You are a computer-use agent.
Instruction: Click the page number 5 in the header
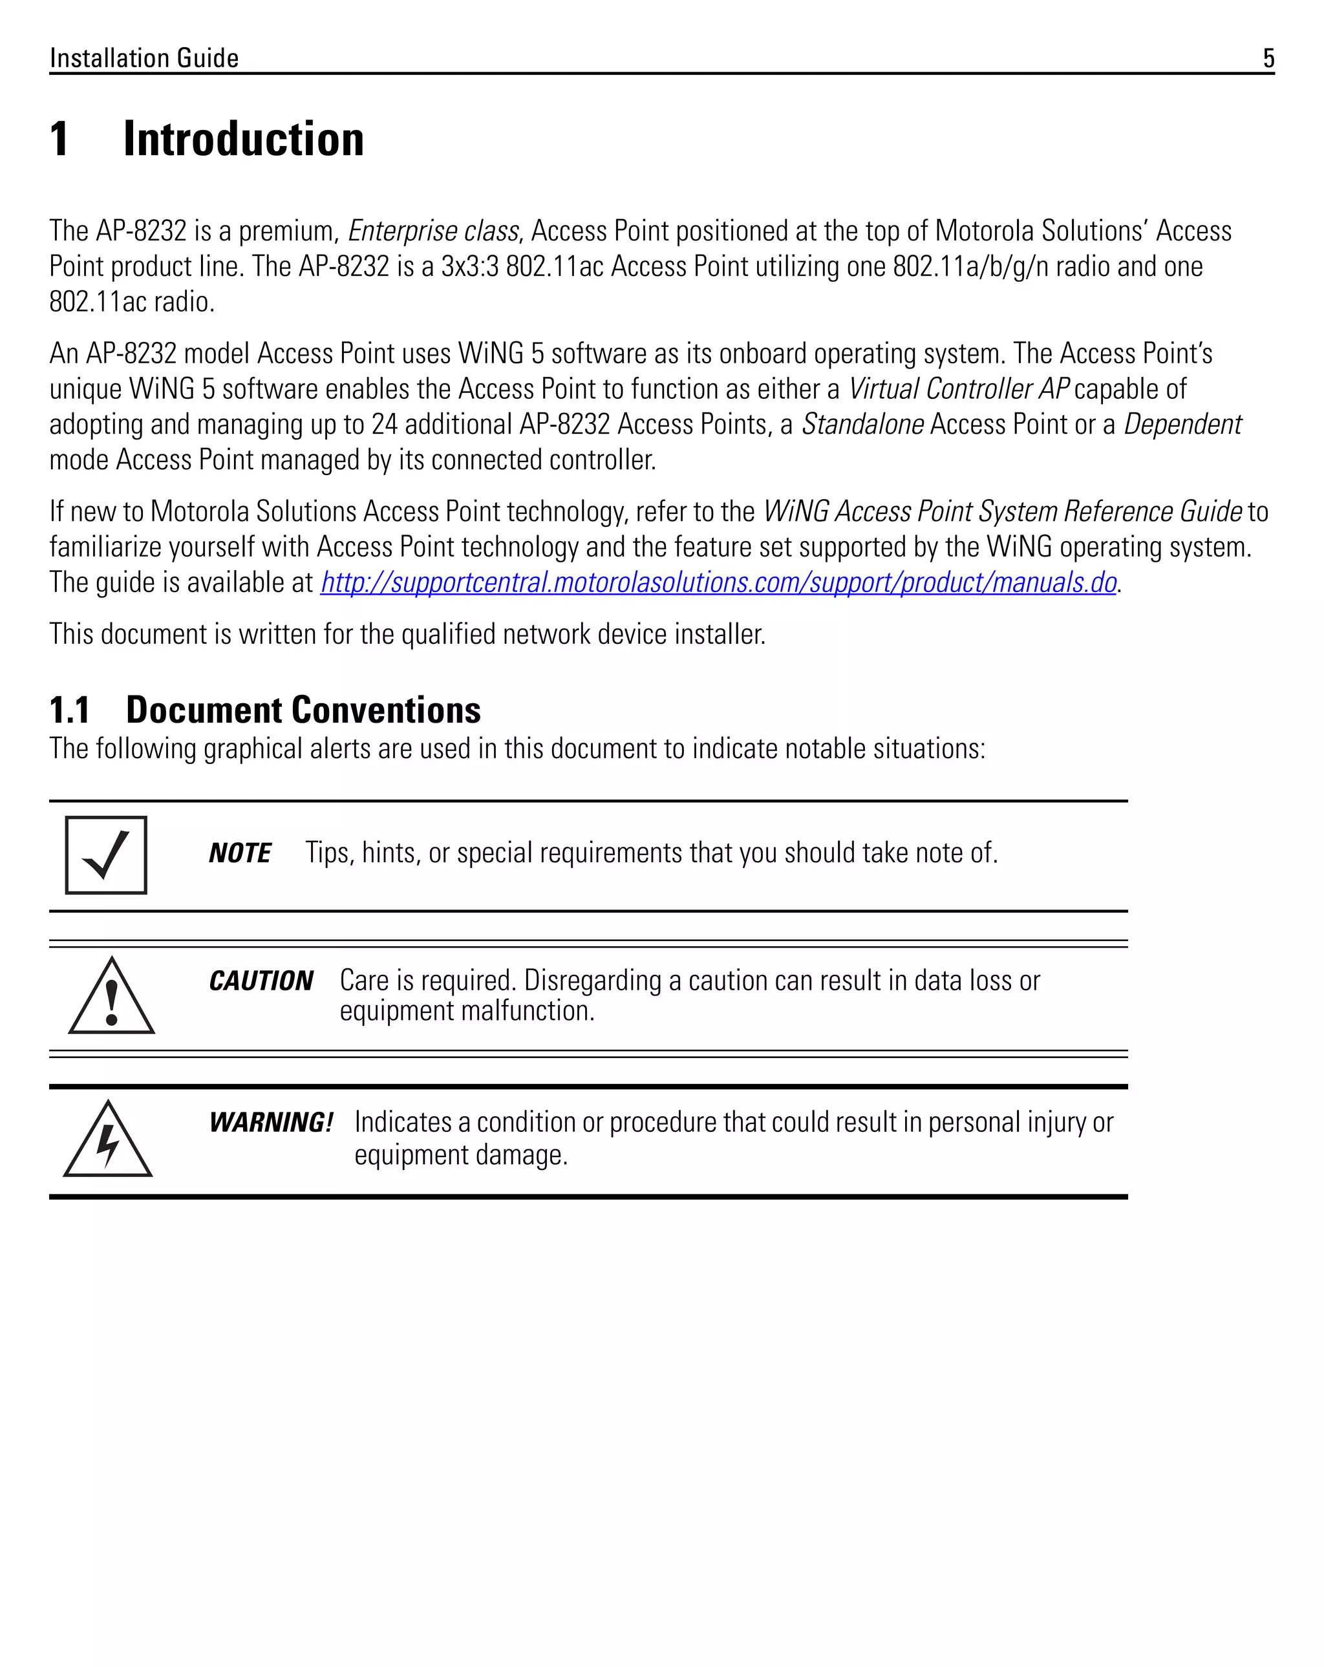point(1268,58)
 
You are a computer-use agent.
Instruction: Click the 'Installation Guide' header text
point(144,58)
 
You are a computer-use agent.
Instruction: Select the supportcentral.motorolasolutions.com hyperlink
point(718,582)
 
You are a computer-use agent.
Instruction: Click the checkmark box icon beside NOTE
point(106,855)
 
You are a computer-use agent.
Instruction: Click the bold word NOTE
point(240,853)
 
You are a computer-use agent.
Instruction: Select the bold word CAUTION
point(261,981)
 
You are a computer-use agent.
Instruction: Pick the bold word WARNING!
point(271,1122)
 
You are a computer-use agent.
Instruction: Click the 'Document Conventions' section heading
point(303,710)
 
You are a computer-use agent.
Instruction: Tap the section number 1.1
point(70,710)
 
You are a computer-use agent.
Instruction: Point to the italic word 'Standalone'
point(862,425)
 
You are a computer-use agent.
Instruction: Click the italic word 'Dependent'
point(1182,425)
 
